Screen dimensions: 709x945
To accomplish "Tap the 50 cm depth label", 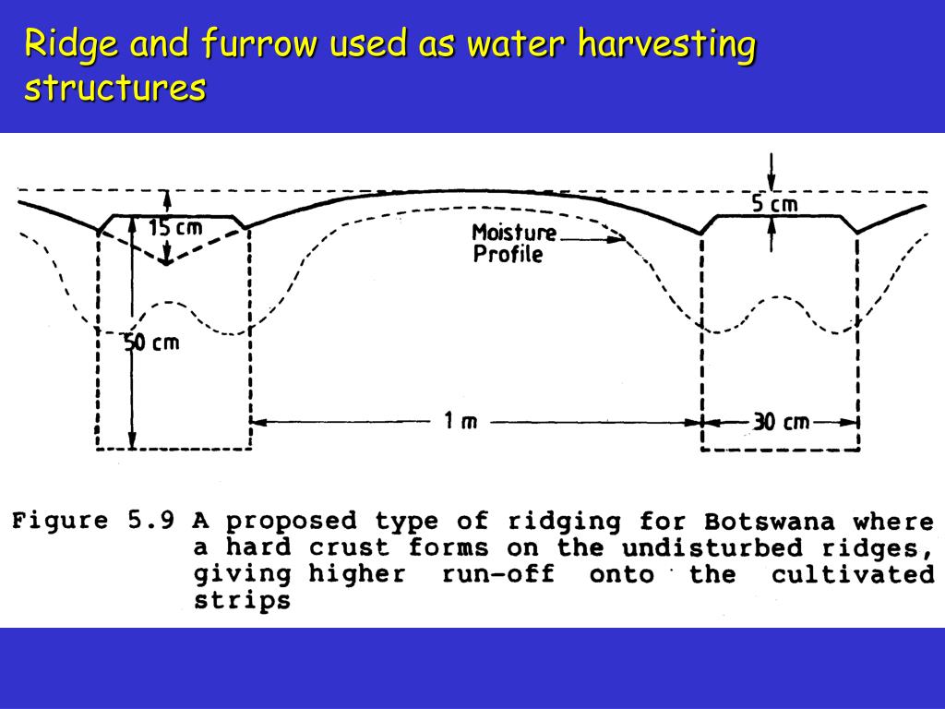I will click(x=152, y=342).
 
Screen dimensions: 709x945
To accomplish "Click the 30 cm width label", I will click(x=781, y=422).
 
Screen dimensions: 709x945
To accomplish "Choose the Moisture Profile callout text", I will click(x=513, y=244).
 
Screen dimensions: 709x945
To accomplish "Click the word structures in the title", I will click(x=114, y=88).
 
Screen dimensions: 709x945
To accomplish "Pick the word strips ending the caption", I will click(x=242, y=601).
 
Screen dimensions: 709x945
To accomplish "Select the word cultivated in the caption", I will click(x=853, y=574).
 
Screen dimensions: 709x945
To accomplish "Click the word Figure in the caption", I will click(x=60, y=521).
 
